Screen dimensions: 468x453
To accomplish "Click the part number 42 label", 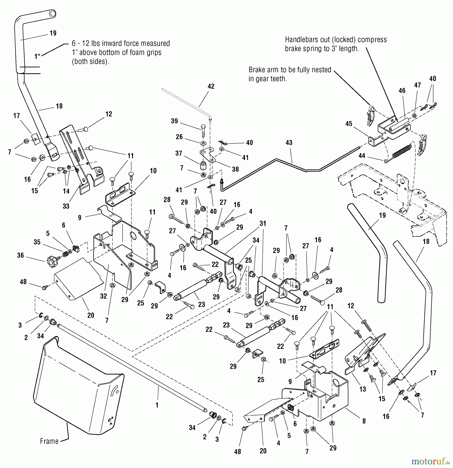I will pos(211,86).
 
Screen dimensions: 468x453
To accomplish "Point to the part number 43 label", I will pos(289,142).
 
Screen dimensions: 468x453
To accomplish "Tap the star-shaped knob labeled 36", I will pos(51,259).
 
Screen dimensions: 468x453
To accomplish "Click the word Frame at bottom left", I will pos(49,441).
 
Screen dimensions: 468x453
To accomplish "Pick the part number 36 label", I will pos(21,255).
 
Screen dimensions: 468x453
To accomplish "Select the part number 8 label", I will pos(364,421).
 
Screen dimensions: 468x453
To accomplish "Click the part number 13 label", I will pos(363,389).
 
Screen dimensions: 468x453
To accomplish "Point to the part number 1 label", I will pos(157,405).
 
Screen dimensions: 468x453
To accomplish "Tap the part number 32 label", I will pos(103,296).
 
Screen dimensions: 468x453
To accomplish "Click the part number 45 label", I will pos(348,123).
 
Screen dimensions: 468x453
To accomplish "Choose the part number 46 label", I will pos(402,90).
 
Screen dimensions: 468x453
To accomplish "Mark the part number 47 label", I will pos(417,85).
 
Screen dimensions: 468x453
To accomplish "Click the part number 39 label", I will pos(174,121).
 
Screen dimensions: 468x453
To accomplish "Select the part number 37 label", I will pos(178,153).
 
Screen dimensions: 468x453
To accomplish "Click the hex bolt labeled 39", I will pos(203,132).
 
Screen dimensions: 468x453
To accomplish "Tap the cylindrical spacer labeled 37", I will pos(203,166).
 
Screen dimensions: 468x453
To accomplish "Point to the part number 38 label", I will pos(235,169).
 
